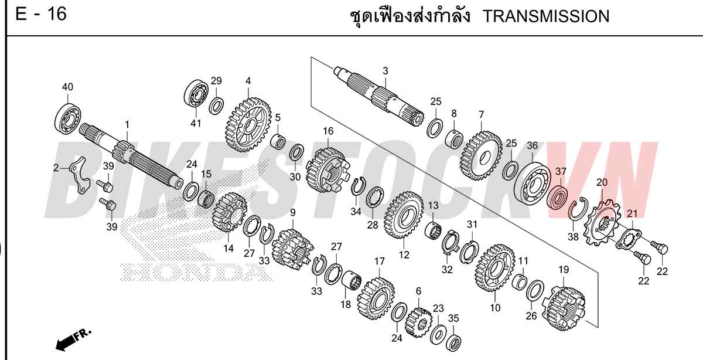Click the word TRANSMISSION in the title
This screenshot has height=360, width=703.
pyautogui.click(x=545, y=16)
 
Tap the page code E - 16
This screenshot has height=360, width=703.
pyautogui.click(x=41, y=14)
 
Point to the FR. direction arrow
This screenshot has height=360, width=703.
pyautogui.click(x=73, y=339)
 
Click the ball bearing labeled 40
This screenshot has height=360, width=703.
pyautogui.click(x=68, y=118)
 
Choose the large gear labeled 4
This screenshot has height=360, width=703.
pyautogui.click(x=248, y=125)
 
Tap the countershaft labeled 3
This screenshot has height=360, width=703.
pyautogui.click(x=379, y=96)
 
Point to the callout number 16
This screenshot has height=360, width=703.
pyautogui.click(x=328, y=131)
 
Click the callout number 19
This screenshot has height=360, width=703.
pyautogui.click(x=564, y=270)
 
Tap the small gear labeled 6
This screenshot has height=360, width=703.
pyautogui.click(x=419, y=322)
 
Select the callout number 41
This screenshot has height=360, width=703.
pyautogui.click(x=196, y=123)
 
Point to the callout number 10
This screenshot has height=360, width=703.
pyautogui.click(x=495, y=308)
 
